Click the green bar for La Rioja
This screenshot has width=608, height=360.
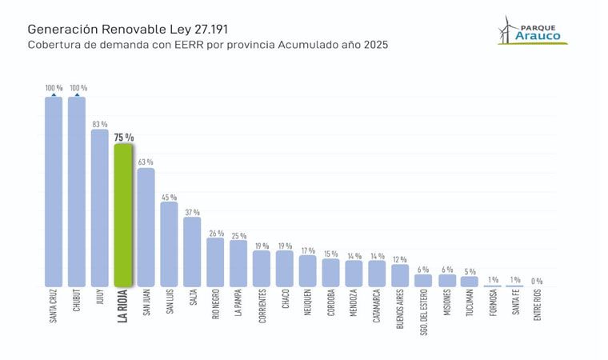pyautogui.click(x=123, y=215)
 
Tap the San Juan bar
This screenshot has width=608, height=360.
pyautogui.click(x=146, y=227)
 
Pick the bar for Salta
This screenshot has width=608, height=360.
pyautogui.click(x=192, y=252)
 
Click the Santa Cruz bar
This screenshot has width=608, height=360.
pyautogui.click(x=54, y=192)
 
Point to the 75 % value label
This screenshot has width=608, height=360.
pyautogui.click(x=123, y=138)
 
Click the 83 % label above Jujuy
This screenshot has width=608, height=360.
pyautogui.click(x=100, y=123)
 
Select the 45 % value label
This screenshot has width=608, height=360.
pyautogui.click(x=169, y=197)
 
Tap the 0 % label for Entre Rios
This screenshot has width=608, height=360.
pyautogui.click(x=537, y=281)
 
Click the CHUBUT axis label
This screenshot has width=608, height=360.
pyautogui.click(x=77, y=306)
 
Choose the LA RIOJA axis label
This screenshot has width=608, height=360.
pyautogui.click(x=123, y=309)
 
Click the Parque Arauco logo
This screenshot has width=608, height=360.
pyautogui.click(x=534, y=31)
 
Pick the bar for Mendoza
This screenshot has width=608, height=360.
pyautogui.click(x=354, y=274)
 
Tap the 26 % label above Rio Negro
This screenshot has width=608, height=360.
pyautogui.click(x=215, y=234)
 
